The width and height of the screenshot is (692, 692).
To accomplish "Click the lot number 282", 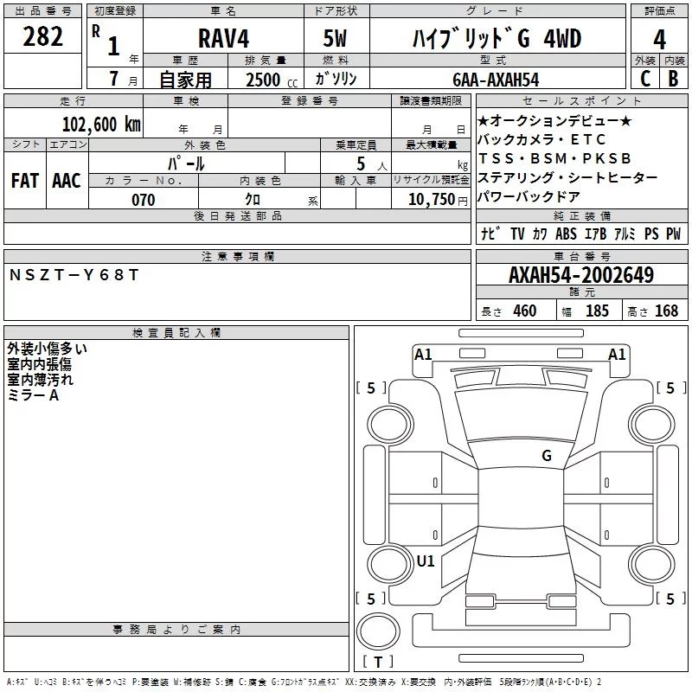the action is tap(43, 37).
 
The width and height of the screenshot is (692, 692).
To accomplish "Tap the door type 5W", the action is tap(336, 39).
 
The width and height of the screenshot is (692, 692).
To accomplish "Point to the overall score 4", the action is tap(659, 39).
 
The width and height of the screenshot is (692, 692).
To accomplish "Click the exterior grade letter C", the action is tap(645, 79).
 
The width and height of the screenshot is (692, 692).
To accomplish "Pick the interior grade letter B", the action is tap(674, 79).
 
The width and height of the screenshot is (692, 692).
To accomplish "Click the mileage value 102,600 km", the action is tap(101, 124).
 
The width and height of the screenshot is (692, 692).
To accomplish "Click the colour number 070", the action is tap(143, 200).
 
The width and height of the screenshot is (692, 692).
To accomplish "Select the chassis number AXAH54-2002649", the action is tap(580, 275).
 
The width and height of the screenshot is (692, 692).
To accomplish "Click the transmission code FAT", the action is tap(25, 181).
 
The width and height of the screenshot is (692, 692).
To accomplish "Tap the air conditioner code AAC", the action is tap(67, 181).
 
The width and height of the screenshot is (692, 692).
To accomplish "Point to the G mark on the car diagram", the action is tap(547, 455).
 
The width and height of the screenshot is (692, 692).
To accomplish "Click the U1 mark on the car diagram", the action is tap(426, 561).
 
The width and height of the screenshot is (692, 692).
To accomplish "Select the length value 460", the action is tap(525, 311).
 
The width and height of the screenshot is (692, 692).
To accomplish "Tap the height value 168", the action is tap(667, 311).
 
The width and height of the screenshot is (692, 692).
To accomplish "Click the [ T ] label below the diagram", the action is tap(378, 663).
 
